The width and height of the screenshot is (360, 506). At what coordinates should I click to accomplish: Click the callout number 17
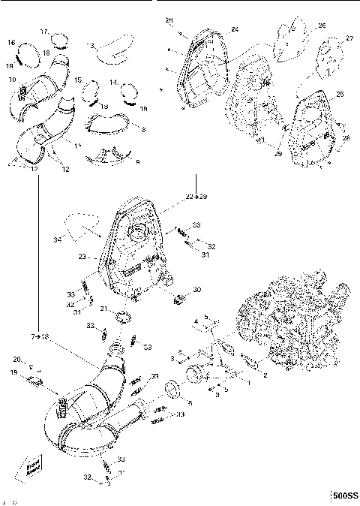(44, 31)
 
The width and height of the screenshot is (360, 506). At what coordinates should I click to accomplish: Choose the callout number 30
(197, 290)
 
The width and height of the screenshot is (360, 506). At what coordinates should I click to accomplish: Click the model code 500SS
(345, 496)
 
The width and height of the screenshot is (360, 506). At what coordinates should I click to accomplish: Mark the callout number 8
(143, 130)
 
